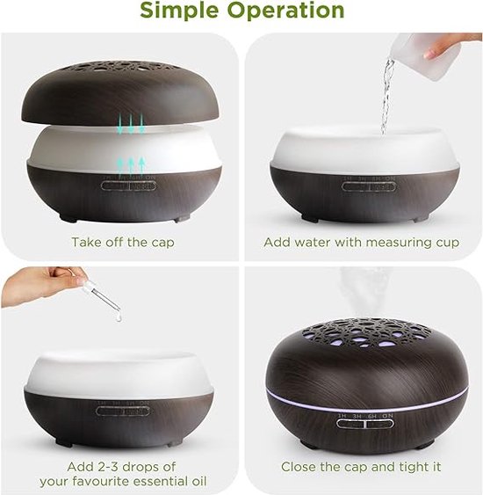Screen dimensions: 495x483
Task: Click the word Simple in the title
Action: [183, 11]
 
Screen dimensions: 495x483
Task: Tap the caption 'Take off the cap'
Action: [122, 242]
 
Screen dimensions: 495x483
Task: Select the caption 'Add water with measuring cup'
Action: [361, 242]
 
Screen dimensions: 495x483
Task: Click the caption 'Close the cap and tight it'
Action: [361, 467]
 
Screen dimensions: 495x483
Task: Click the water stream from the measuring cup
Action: [387, 97]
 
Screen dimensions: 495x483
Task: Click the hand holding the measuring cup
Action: [452, 45]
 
